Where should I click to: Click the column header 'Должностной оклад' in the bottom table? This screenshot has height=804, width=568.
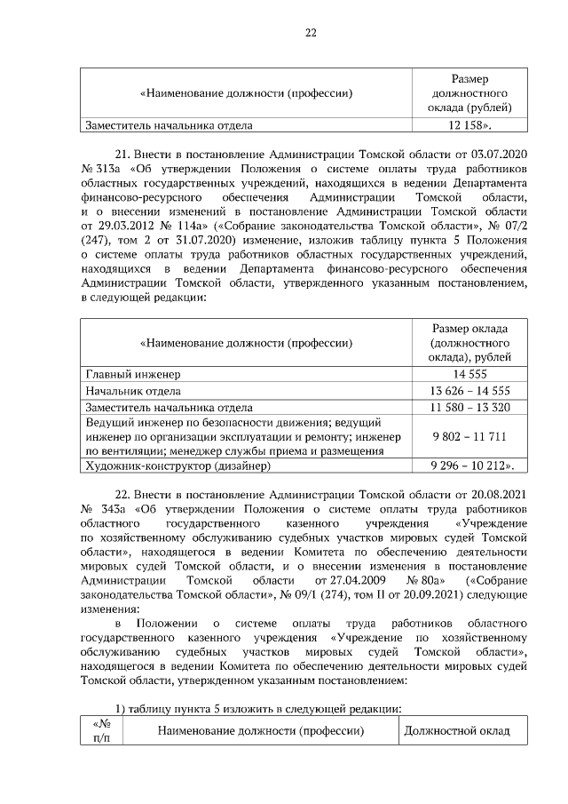point(457,731)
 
